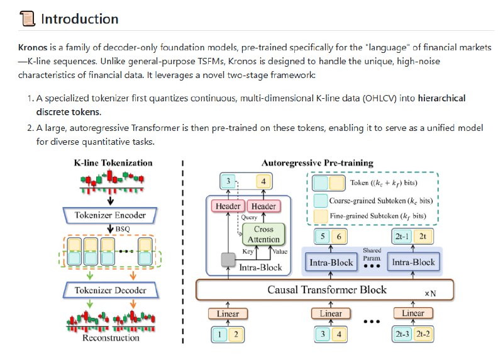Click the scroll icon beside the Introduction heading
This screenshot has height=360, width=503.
tap(27, 19)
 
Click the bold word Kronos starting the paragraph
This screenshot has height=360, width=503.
tap(33, 48)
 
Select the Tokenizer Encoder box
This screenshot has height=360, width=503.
tap(111, 215)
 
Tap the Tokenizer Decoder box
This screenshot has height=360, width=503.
tap(111, 290)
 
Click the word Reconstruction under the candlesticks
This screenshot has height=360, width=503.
tap(111, 338)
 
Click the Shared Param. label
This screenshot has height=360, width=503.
tap(372, 254)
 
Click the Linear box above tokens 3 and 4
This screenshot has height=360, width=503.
tap(330, 313)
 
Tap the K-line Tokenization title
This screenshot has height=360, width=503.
tap(113, 162)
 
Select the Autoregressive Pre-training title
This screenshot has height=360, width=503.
tap(317, 162)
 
